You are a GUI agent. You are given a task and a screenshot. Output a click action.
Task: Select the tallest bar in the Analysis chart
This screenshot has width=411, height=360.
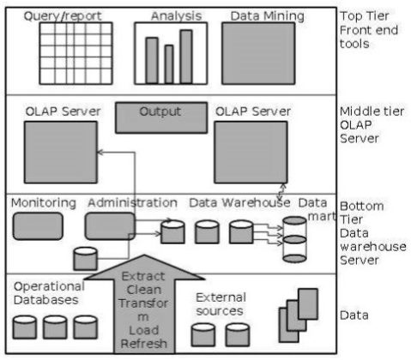(186, 56)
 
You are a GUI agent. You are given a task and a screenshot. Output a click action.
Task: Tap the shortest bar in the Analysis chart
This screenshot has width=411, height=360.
(169, 63)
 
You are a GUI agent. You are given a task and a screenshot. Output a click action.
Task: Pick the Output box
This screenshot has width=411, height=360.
(160, 117)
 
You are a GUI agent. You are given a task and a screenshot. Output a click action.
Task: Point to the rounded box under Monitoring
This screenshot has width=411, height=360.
(38, 225)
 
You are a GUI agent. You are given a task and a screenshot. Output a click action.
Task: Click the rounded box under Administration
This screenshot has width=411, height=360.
(109, 226)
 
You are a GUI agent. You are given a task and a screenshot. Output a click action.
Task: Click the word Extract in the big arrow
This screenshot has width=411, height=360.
(137, 277)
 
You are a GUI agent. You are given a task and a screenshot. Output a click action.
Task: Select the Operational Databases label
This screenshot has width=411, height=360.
(49, 293)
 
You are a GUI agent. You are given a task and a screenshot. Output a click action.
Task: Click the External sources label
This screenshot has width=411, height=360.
(221, 303)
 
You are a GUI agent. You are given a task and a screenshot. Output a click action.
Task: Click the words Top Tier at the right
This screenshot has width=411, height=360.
(361, 16)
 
